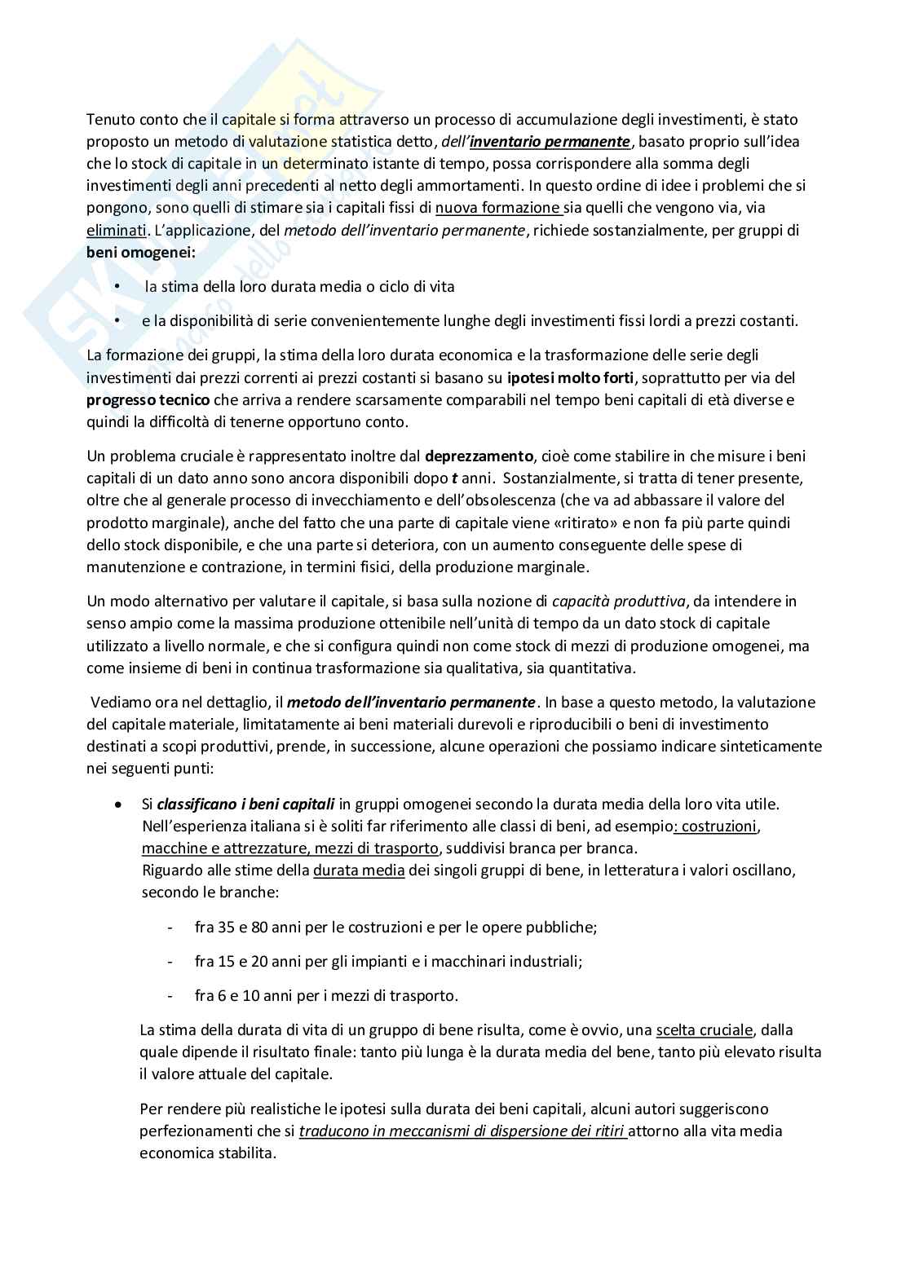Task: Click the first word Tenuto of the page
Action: (108, 119)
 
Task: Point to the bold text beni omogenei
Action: (141, 252)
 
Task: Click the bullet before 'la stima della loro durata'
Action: (117, 287)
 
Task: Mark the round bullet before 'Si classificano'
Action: (119, 804)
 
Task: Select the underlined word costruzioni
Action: (718, 826)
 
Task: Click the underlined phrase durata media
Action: (359, 870)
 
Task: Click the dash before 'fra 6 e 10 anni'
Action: (170, 995)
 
